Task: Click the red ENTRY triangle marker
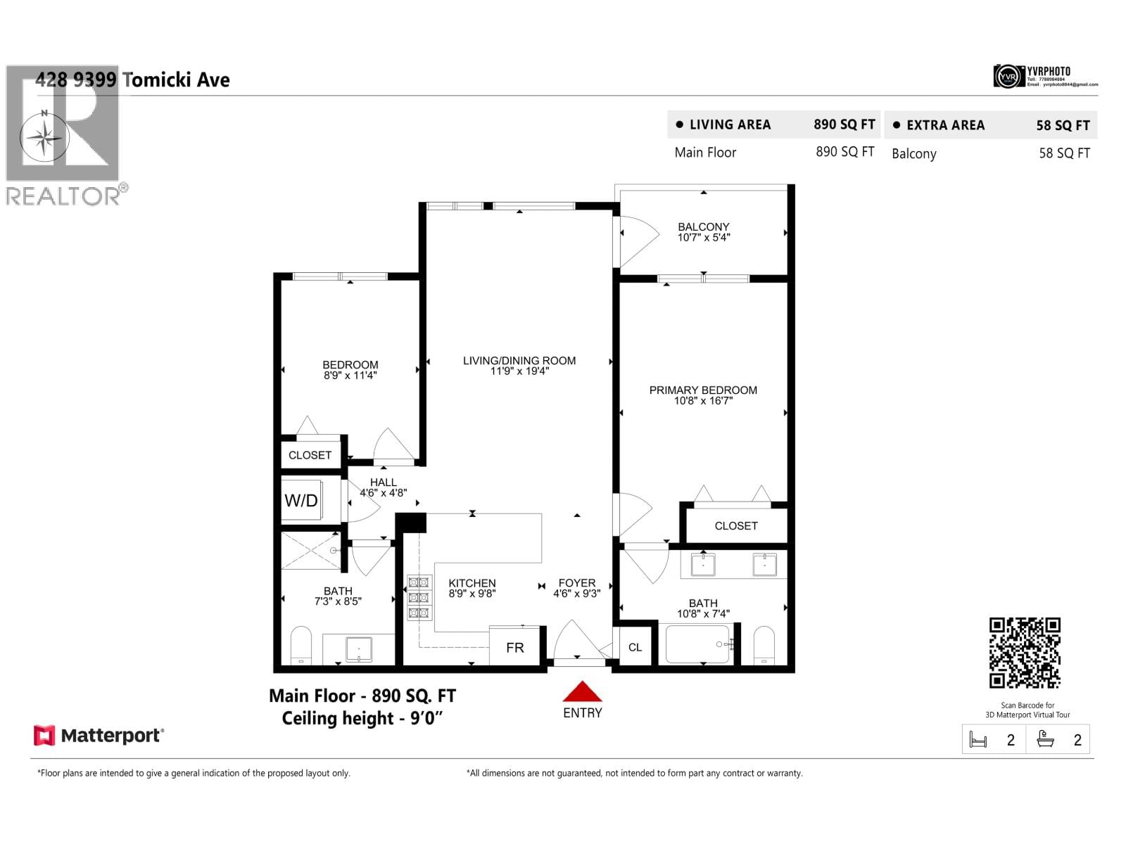tap(582, 691)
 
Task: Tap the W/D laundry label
tap(301, 501)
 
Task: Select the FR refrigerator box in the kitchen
tap(515, 647)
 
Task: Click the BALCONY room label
tap(703, 226)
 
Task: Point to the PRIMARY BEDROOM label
tap(703, 390)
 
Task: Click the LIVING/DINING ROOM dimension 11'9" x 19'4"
tap(519, 371)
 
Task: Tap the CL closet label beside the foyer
tap(635, 647)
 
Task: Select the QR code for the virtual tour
tap(1025, 653)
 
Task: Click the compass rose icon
tap(44, 136)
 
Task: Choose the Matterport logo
tap(99, 736)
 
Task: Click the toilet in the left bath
tap(301, 646)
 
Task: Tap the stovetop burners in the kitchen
tap(419, 598)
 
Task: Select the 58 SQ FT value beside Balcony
tap(1064, 153)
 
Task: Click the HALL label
tap(383, 482)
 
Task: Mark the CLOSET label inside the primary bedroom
tap(736, 526)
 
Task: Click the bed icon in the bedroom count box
tap(978, 740)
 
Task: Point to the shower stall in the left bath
tap(310, 551)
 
